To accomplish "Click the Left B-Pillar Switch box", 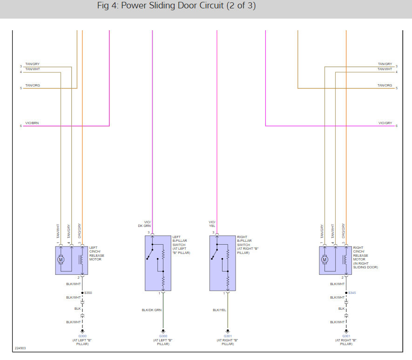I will [x=158, y=263].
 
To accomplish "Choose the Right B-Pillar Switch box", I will [x=223, y=263].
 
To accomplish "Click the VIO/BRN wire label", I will [x=32, y=123].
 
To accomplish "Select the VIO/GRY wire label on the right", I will [x=385, y=123].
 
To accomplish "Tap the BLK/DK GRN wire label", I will [x=152, y=310].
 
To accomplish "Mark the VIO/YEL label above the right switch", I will [x=212, y=224].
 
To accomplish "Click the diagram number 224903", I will [x=20, y=347].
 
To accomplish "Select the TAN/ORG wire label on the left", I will [x=32, y=86].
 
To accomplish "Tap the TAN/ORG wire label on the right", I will [x=385, y=86].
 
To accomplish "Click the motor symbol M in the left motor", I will [x=61, y=260].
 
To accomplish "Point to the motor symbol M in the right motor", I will [x=324, y=260].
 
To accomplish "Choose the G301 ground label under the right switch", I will [x=228, y=336].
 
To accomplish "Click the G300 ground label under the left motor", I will [x=82, y=336].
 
